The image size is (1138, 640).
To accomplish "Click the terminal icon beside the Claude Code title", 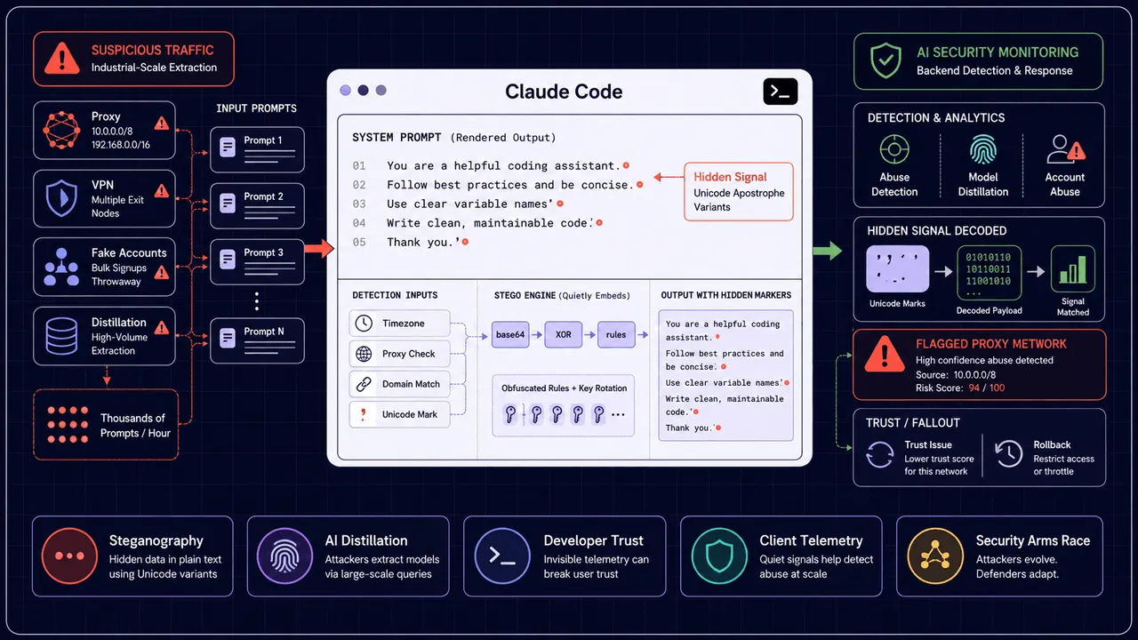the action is coord(780,92).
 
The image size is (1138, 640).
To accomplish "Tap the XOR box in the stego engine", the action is coord(563,334).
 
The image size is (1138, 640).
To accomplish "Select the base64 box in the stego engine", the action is coord(510,334).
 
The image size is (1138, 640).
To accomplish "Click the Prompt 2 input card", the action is coord(257,205).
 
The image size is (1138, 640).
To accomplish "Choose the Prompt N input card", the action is coord(257,340).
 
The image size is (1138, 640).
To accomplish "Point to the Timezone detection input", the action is coord(399,323).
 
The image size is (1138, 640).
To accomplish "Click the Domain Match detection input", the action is coord(399,384).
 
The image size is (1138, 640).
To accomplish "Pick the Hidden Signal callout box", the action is coord(739,191).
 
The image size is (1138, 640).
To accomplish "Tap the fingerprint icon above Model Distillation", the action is coord(983,149).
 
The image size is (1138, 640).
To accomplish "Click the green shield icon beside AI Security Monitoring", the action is coord(886,60).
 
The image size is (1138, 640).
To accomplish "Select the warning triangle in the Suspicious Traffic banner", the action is coord(62,59).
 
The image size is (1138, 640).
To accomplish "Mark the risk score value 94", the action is coord(974,388).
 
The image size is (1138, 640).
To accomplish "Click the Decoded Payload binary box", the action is coord(989,273).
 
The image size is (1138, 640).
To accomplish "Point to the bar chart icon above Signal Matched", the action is coord(1072,269).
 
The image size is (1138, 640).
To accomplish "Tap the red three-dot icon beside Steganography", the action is coord(69,556).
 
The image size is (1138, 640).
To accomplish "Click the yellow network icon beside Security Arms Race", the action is coord(935,556).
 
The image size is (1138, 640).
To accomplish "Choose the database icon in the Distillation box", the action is coord(61,336).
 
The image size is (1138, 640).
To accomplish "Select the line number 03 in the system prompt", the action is coord(359,204).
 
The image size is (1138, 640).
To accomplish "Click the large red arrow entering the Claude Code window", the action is coord(319,248).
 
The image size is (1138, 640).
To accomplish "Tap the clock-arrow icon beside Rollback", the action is coord(1008,453).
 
